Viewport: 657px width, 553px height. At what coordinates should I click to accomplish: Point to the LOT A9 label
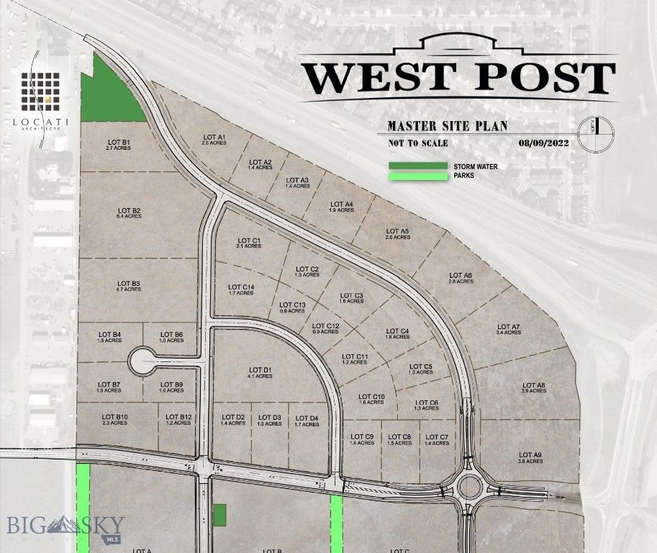(530, 457)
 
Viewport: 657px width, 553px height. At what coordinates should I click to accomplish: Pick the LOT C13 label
(292, 307)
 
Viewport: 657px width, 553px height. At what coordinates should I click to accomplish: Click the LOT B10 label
(115, 420)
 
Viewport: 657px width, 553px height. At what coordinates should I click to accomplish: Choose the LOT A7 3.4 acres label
(508, 330)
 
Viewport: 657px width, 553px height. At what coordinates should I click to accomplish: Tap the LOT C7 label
(437, 440)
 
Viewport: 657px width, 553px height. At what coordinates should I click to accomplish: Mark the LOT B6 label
(171, 337)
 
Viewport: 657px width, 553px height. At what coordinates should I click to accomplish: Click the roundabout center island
(470, 487)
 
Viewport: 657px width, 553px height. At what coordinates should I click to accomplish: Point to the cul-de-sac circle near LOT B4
(141, 358)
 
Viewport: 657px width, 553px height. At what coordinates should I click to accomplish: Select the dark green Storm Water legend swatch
(417, 166)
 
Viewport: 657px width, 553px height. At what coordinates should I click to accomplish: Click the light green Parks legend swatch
(417, 175)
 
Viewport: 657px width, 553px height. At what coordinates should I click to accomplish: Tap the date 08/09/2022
(543, 143)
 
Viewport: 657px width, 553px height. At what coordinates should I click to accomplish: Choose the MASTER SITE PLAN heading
(447, 126)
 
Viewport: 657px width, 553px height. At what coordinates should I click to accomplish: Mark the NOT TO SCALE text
(417, 143)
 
